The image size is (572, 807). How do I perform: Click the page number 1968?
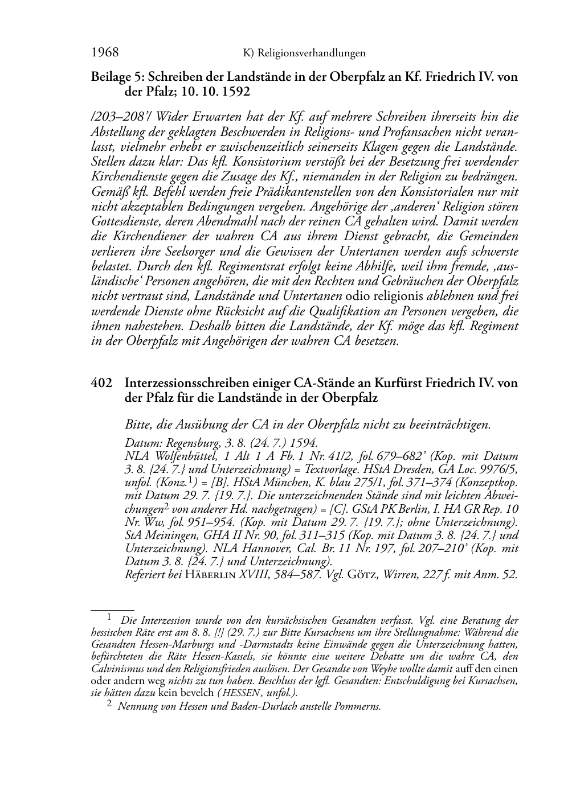pos(105,53)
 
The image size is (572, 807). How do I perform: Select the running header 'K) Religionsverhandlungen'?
pos(304,53)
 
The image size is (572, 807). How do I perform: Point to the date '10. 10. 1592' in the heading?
pos(219,91)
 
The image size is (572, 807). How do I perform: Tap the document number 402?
pos(100,383)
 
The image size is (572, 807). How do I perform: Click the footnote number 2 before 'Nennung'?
pos(109,706)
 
